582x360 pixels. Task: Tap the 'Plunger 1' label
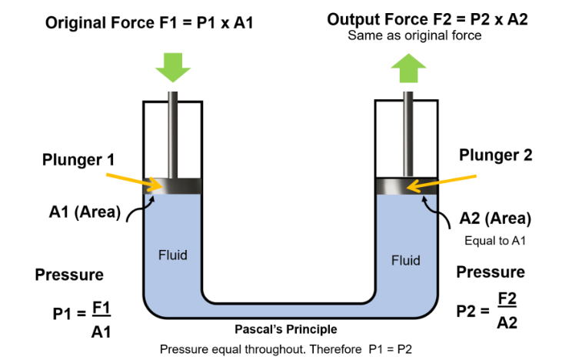[79, 160]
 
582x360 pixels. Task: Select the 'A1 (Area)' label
[80, 212]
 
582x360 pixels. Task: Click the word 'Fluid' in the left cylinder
[172, 255]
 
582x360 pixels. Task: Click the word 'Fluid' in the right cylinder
[405, 260]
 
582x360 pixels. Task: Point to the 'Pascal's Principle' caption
[285, 329]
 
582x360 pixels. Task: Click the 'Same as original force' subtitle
[414, 35]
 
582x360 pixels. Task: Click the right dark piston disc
[405, 185]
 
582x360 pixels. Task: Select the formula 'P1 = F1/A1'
[83, 314]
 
